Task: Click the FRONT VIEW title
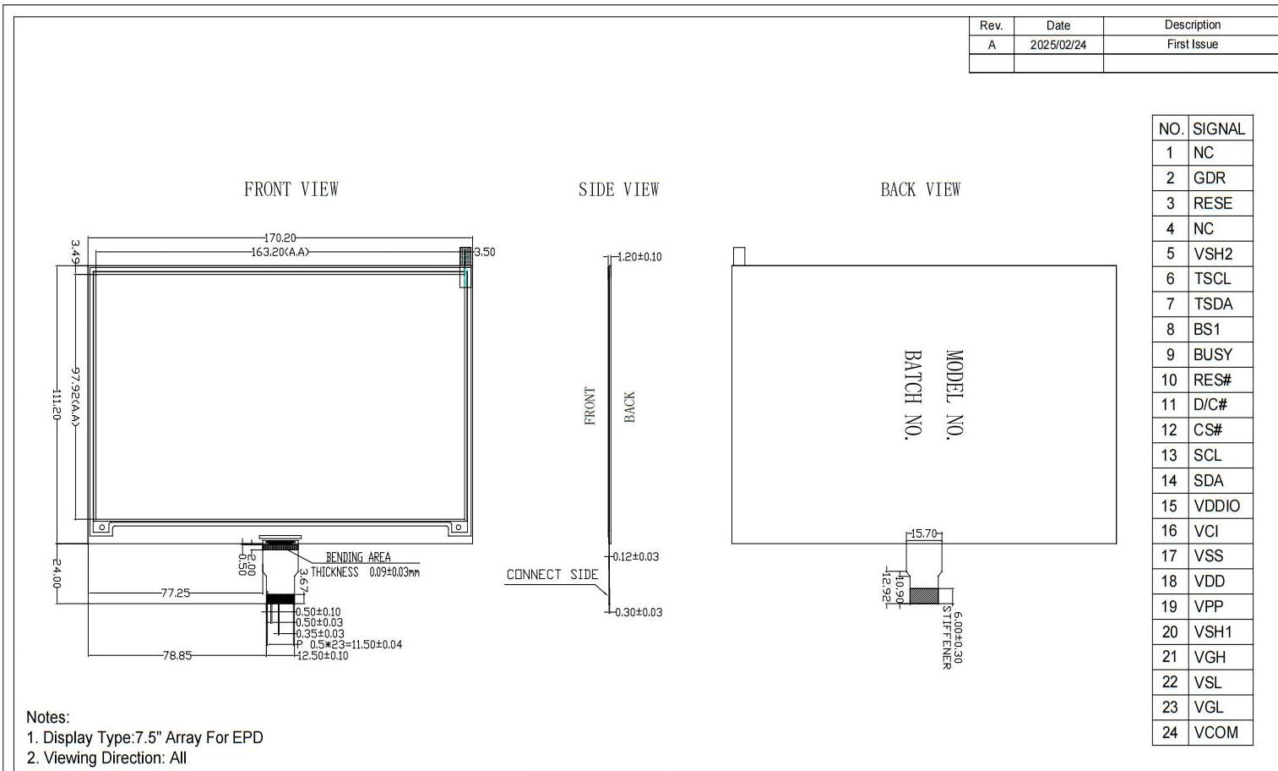tap(291, 189)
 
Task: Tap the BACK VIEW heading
tap(920, 189)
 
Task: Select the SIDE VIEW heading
tap(618, 189)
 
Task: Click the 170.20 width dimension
tap(280, 238)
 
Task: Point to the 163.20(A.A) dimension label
tap(280, 252)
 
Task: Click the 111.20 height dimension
tap(57, 404)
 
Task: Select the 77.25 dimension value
tap(175, 593)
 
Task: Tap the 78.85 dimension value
tap(177, 656)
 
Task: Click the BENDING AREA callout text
tap(358, 557)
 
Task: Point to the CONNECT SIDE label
tap(552, 575)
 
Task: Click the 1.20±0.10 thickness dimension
tap(639, 257)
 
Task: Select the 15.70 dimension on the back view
tap(924, 533)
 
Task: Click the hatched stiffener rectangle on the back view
tap(924, 596)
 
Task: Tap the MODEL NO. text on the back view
tap(954, 395)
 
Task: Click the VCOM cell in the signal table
tap(1215, 732)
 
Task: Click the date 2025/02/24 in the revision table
tap(1058, 45)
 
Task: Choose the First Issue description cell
tap(1193, 45)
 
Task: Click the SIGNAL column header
tap(1219, 129)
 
